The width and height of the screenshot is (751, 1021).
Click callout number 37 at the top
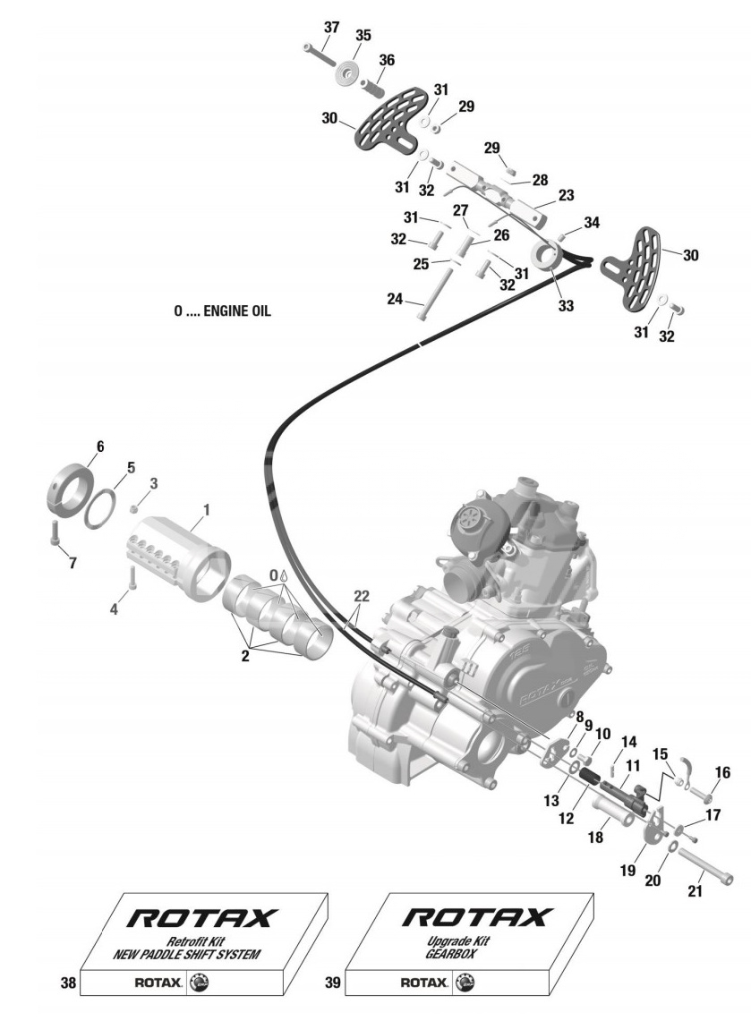coord(330,27)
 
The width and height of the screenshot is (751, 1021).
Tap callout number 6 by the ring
coord(99,446)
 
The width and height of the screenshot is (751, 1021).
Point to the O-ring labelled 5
coord(99,506)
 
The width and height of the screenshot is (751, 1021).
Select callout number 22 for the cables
coord(361,595)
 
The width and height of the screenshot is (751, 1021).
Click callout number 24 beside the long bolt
coord(395,299)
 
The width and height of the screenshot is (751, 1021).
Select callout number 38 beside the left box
coord(68,983)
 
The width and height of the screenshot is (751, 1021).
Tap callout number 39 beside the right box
coord(332,983)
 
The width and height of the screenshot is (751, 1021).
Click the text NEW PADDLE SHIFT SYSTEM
coord(186,955)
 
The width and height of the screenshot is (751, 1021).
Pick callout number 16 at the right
coord(721,772)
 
